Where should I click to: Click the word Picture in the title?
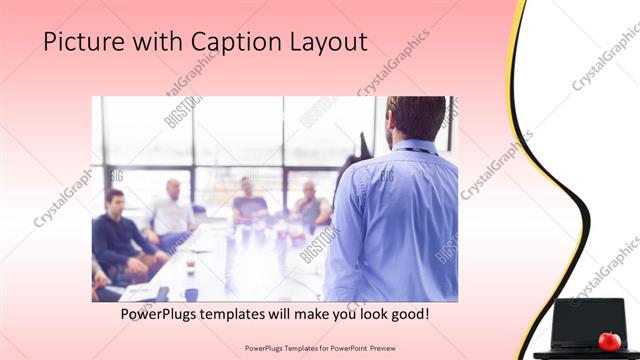80,42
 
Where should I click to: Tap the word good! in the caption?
409,314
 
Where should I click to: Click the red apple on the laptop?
609,341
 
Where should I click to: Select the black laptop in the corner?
585,325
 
